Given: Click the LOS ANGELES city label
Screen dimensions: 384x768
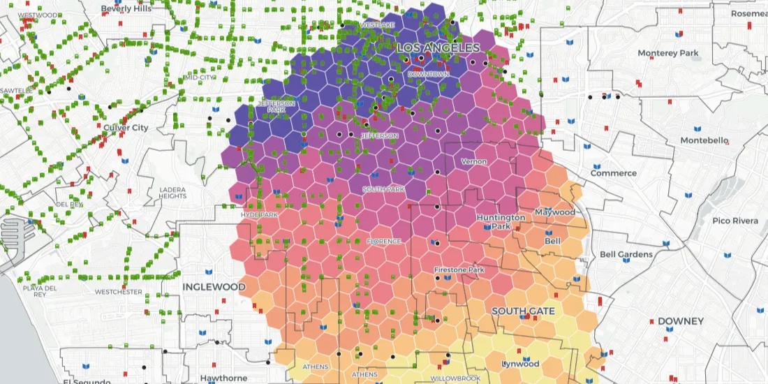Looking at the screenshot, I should [x=438, y=48].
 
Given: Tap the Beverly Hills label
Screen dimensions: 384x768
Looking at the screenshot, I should [x=126, y=9].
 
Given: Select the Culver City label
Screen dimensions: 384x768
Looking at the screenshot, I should [x=126, y=128].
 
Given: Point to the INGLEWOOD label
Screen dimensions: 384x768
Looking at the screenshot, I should [x=214, y=287].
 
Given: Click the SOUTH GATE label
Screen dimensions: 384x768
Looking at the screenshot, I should [x=523, y=311].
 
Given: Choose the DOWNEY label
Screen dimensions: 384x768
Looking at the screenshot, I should [x=680, y=321].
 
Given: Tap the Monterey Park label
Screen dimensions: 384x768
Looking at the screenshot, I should [x=668, y=53].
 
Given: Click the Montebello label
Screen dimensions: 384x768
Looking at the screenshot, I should [x=703, y=141].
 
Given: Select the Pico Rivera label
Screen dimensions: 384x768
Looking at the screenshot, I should [x=735, y=221].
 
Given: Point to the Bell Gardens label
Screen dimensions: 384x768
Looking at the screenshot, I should [x=626, y=255].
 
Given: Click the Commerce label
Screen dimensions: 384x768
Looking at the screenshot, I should [x=614, y=173].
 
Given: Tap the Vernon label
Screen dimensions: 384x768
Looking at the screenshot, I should [x=474, y=162].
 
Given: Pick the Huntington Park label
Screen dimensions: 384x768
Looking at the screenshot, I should [x=501, y=221].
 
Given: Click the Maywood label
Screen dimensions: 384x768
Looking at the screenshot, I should [x=555, y=212].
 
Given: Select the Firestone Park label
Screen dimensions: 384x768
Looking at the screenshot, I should [x=459, y=269].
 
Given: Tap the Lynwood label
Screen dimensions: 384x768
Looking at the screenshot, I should [x=521, y=364].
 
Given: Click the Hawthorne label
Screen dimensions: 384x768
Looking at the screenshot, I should [x=223, y=378].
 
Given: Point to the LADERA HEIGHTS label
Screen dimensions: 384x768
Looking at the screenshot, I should [x=172, y=193].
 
